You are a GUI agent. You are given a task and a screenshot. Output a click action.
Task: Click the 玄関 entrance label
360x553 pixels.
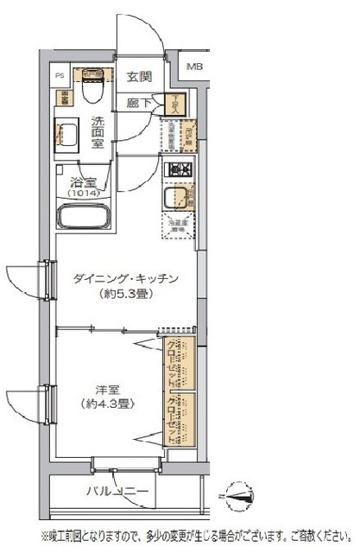(139, 76)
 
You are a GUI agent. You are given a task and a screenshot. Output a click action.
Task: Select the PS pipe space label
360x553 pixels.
(60, 75)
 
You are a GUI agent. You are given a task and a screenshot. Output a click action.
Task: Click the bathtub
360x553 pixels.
(86, 219)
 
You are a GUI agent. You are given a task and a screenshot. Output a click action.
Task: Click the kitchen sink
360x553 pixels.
(178, 197)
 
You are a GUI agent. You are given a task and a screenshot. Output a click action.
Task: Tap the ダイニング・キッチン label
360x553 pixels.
(126, 278)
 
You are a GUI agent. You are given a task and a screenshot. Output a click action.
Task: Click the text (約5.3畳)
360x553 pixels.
(126, 294)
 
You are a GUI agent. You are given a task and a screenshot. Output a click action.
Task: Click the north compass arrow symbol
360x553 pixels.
(240, 495)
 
